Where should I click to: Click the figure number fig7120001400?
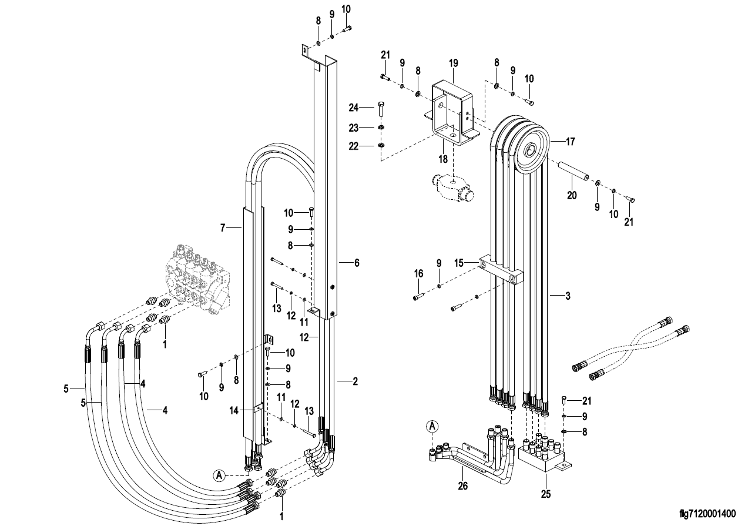pyautogui.click(x=707, y=513)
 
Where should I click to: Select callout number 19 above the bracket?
pyautogui.click(x=454, y=63)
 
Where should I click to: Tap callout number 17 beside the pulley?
pyautogui.click(x=571, y=142)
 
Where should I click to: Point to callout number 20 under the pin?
pyautogui.click(x=572, y=195)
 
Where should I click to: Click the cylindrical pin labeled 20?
pyautogui.click(x=572, y=171)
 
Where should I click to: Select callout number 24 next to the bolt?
pyautogui.click(x=354, y=108)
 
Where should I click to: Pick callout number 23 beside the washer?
pyautogui.click(x=354, y=128)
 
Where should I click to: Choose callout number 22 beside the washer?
pyautogui.click(x=354, y=146)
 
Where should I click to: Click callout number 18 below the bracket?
pyautogui.click(x=443, y=159)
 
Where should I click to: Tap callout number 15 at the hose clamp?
pyautogui.click(x=459, y=263)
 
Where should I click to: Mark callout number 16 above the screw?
pyautogui.click(x=418, y=273)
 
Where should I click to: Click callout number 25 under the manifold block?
pyautogui.click(x=546, y=494)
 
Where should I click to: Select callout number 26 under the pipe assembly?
pyautogui.click(x=463, y=486)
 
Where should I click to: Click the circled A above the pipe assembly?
pyautogui.click(x=432, y=427)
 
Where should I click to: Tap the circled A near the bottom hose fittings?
pyautogui.click(x=219, y=475)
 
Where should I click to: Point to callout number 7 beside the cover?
pyautogui.click(x=223, y=228)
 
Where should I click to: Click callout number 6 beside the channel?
pyautogui.click(x=357, y=263)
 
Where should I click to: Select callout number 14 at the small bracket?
pyautogui.click(x=234, y=410)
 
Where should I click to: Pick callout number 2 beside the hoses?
pyautogui.click(x=355, y=381)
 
